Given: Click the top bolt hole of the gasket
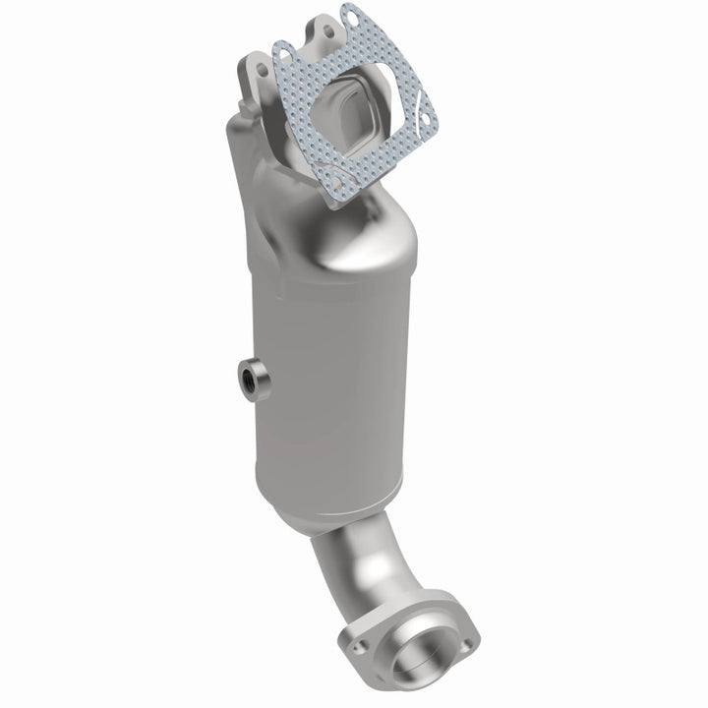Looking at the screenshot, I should coord(348,17).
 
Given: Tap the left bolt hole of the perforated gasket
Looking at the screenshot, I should coord(281,50).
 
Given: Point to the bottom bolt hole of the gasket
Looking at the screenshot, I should coord(337,182).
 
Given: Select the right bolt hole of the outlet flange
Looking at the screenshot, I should coord(464,644).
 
